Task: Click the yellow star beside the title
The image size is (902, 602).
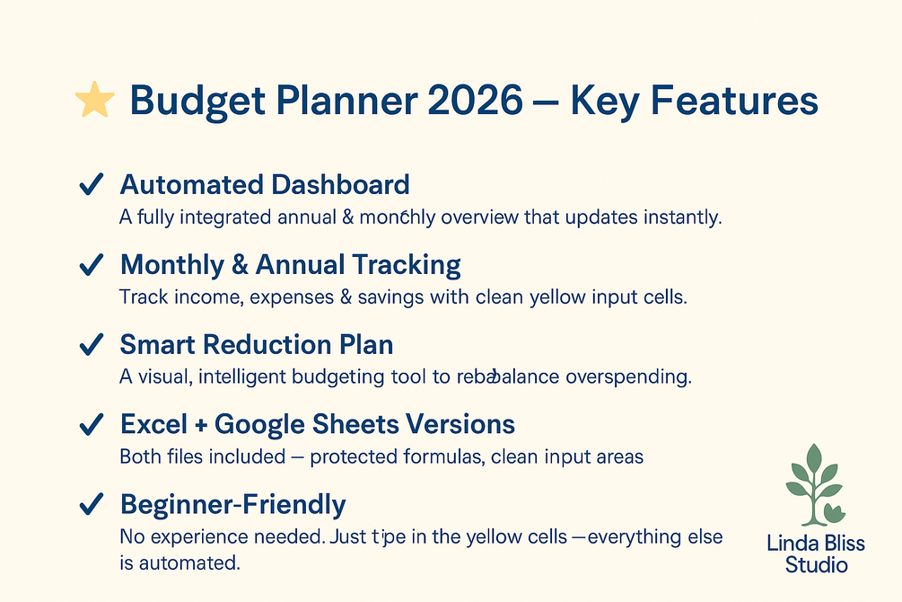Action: click(x=95, y=100)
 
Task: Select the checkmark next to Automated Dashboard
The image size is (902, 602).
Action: click(x=91, y=184)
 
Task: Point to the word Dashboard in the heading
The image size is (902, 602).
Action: click(x=340, y=185)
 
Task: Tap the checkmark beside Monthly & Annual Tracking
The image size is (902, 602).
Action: click(x=91, y=264)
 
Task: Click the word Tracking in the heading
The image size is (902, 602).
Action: click(x=407, y=265)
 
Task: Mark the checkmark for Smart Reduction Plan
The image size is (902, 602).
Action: click(x=91, y=344)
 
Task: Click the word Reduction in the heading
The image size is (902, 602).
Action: click(x=267, y=344)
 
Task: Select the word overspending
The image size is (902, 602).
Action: click(x=628, y=377)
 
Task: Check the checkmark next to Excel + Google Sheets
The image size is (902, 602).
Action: click(x=91, y=425)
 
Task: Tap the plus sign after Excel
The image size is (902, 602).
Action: click(x=201, y=426)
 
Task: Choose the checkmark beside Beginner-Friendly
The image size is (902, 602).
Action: click(x=91, y=504)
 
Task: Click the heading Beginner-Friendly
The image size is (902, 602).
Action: click(x=233, y=505)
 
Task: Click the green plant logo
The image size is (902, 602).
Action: click(x=815, y=484)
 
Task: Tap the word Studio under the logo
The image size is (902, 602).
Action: click(x=816, y=565)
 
